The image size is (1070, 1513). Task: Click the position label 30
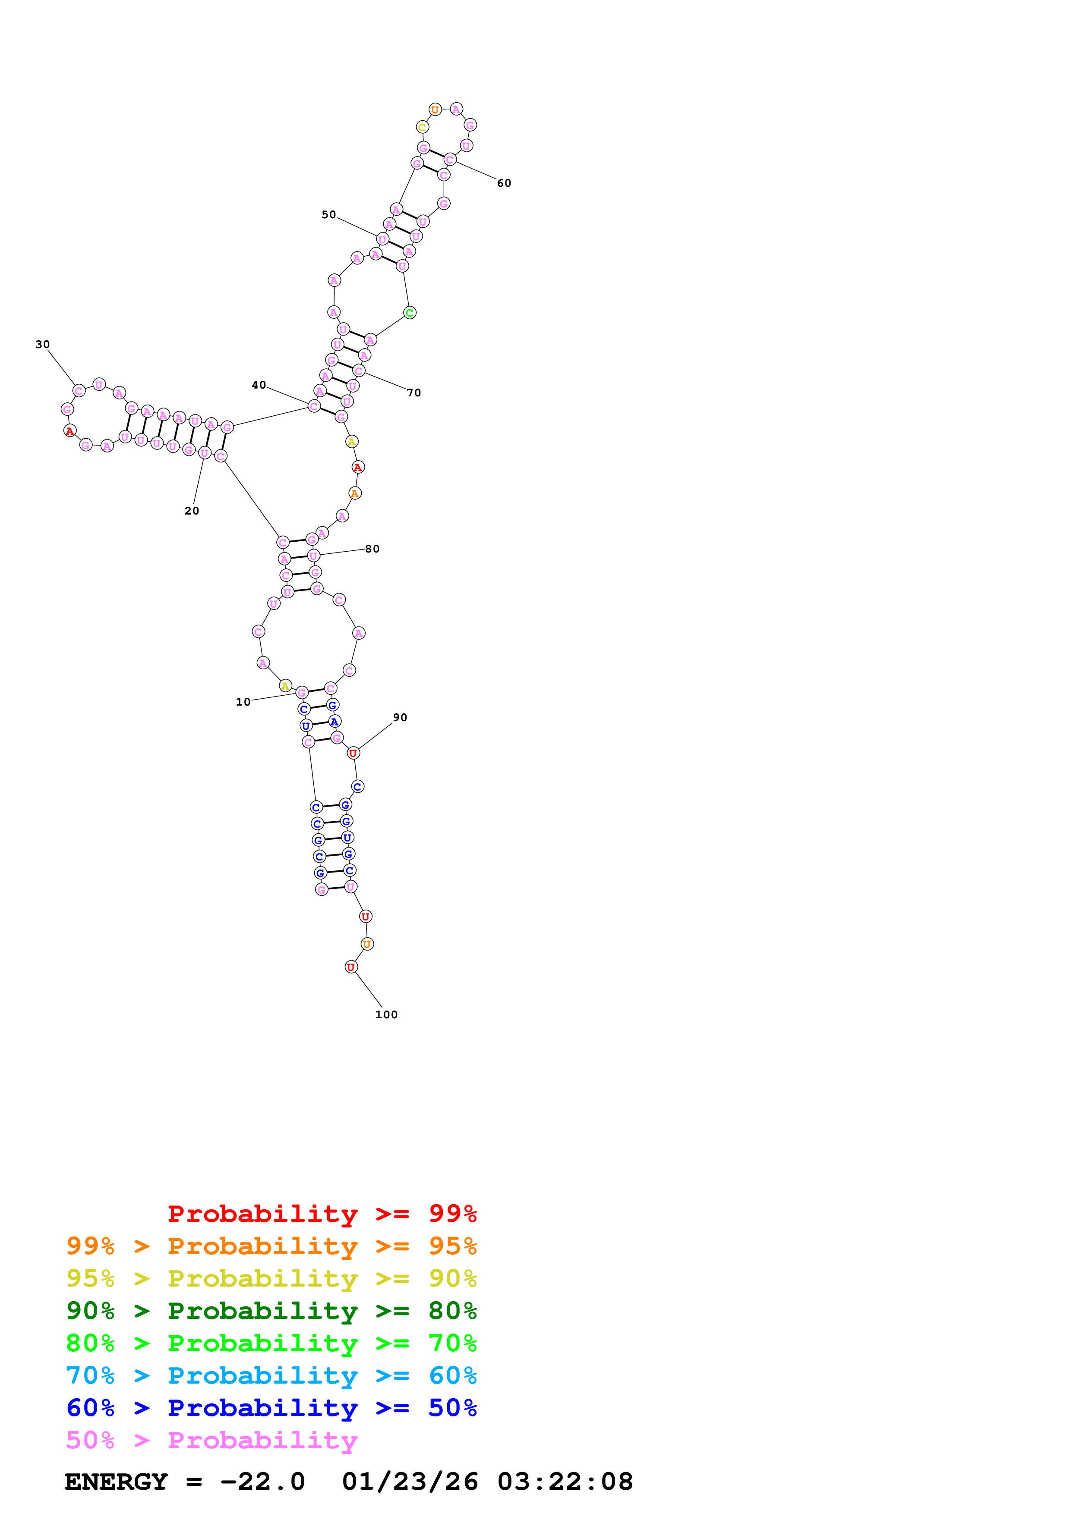click(42, 345)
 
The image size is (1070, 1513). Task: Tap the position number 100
click(386, 1015)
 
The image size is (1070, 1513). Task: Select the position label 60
click(504, 183)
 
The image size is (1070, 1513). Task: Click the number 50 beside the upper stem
click(328, 215)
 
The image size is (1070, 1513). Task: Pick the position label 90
click(400, 718)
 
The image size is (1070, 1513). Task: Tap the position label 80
click(372, 549)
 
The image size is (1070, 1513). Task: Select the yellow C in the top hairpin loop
click(423, 127)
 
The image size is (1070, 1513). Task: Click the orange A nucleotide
click(355, 493)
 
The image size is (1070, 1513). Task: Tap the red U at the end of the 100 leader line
click(351, 967)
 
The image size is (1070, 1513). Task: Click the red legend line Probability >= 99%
click(322, 1214)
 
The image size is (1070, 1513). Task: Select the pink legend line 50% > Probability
click(211, 1441)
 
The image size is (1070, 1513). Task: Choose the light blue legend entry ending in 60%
click(271, 1376)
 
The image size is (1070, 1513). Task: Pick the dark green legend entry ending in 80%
click(271, 1311)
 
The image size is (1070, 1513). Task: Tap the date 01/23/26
click(410, 1482)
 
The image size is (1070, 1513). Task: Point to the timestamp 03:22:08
click(565, 1482)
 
